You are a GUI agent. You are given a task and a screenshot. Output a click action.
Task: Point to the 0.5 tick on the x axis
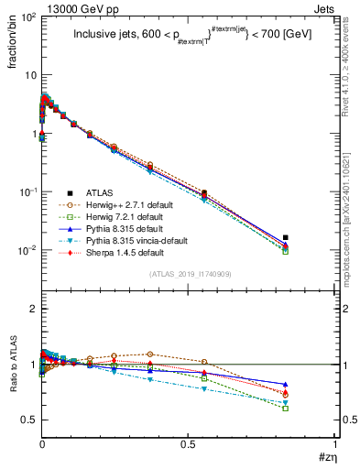click(188, 446)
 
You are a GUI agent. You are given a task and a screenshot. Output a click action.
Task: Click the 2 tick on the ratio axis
click(30, 309)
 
